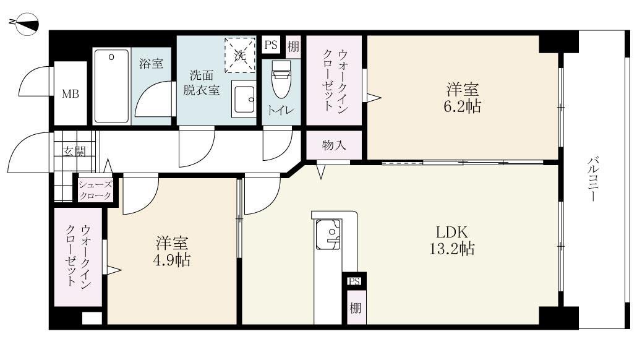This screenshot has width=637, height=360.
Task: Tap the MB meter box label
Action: pos(69,95)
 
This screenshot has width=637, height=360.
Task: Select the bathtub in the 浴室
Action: pos(111,87)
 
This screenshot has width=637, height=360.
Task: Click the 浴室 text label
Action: pos(151,62)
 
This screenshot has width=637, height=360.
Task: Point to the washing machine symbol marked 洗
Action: pos(240,55)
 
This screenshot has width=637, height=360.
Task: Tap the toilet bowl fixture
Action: pos(281,80)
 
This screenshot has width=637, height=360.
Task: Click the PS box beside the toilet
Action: pos(271,45)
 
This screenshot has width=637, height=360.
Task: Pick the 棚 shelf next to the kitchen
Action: pos(355,308)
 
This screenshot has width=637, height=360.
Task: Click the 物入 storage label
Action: pos(334,145)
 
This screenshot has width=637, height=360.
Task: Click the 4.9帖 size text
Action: pos(172,259)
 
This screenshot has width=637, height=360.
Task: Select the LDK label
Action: pos(455,233)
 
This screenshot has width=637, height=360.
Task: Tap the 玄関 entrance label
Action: pos(74,151)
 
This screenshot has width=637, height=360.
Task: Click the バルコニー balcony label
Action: pos(592,180)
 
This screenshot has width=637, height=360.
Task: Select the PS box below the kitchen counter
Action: pos(354,281)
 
